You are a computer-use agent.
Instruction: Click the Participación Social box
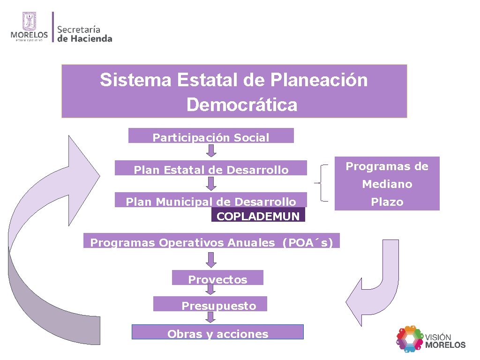[211, 136]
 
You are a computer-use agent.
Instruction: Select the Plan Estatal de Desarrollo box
[211, 168]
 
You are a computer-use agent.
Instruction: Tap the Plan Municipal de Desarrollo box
[211, 200]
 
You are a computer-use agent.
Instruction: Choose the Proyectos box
[217, 278]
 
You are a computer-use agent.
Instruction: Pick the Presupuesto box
[210, 304]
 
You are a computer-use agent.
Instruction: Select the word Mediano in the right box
[387, 184]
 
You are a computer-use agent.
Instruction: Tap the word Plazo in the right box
[387, 202]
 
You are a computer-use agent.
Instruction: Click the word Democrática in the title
[241, 105]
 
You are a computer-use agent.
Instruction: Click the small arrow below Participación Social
[211, 150]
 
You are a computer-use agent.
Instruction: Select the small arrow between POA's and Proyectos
[211, 260]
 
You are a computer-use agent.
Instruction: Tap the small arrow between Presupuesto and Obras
[211, 317]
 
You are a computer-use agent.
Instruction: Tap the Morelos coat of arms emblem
[29, 22]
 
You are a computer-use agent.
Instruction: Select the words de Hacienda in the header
[85, 39]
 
